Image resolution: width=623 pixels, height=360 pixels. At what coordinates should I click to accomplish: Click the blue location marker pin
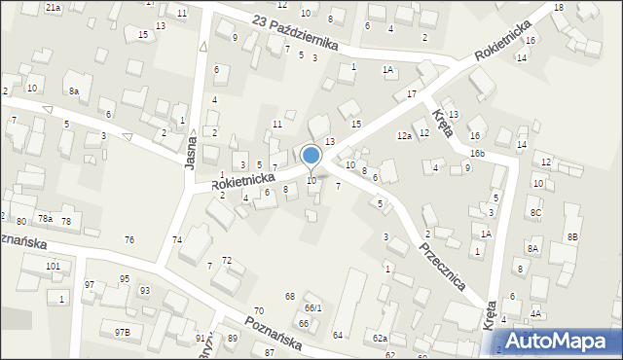click(x=311, y=157)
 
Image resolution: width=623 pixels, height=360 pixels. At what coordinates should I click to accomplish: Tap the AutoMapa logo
click(x=557, y=341)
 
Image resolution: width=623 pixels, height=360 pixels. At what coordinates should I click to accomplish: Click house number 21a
click(x=54, y=7)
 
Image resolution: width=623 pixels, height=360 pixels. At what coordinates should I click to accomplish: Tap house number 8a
click(x=73, y=90)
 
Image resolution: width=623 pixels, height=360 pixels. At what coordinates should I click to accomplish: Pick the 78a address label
click(x=45, y=218)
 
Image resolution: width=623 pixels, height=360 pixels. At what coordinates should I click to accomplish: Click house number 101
click(x=53, y=266)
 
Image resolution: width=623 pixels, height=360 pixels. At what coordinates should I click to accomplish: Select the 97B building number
click(x=121, y=333)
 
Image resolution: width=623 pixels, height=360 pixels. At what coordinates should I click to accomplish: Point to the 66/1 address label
click(x=312, y=308)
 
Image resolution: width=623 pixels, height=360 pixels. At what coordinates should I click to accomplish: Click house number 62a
click(x=380, y=339)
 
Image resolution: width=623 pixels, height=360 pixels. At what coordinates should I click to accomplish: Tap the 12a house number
click(x=404, y=136)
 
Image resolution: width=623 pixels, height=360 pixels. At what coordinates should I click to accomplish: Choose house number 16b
click(x=477, y=154)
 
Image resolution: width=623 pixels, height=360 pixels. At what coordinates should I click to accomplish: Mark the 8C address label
click(x=535, y=212)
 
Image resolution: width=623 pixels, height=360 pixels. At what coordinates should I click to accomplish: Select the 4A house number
click(x=536, y=313)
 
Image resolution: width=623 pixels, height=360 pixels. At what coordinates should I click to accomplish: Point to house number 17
click(x=412, y=93)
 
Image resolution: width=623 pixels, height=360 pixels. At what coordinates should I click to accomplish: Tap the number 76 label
click(x=129, y=239)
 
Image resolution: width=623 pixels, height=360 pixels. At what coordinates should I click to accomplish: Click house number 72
click(x=227, y=260)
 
